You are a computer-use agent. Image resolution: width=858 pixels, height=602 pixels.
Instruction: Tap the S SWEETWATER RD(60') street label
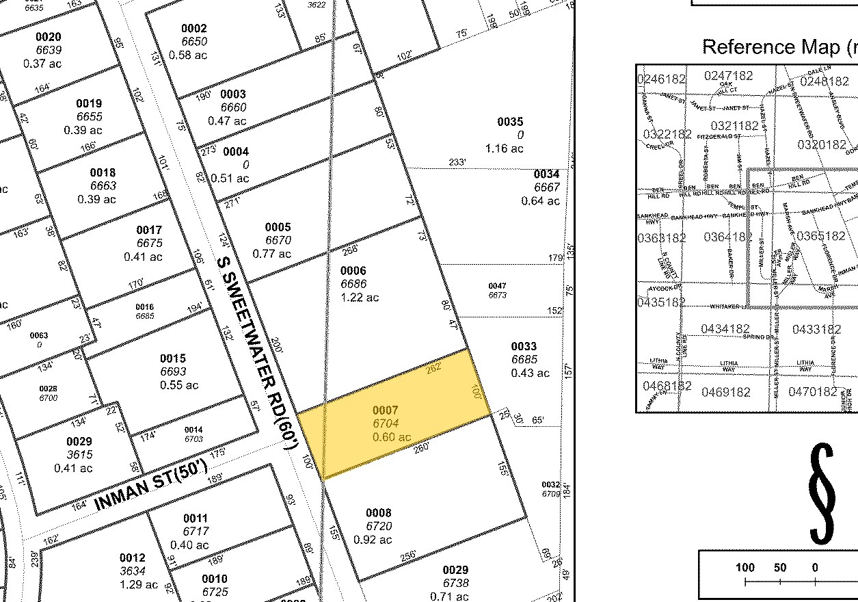pyautogui.click(x=256, y=352)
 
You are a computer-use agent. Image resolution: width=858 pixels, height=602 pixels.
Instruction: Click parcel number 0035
pyautogui.click(x=510, y=122)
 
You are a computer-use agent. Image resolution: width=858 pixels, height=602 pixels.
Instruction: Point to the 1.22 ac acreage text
pyautogui.click(x=360, y=298)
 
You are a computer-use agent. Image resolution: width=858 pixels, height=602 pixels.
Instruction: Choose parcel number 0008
pyautogui.click(x=379, y=513)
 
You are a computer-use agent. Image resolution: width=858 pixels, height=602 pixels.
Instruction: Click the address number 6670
pyautogui.click(x=278, y=241)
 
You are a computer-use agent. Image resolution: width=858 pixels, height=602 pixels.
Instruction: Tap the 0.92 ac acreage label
pyautogui.click(x=373, y=540)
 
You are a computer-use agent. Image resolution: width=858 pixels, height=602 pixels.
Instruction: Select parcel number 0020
pyautogui.click(x=49, y=37)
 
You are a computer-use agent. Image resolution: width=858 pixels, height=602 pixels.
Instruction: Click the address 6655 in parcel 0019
pyautogui.click(x=89, y=117)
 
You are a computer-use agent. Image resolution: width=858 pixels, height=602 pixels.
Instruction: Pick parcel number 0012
pyautogui.click(x=133, y=558)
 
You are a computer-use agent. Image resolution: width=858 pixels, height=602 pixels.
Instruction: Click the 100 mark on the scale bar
pyautogui.click(x=745, y=567)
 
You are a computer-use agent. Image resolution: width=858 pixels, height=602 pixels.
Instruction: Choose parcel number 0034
pyautogui.click(x=547, y=174)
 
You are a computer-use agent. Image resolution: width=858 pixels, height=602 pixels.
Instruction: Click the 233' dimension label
pyautogui.click(x=457, y=163)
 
